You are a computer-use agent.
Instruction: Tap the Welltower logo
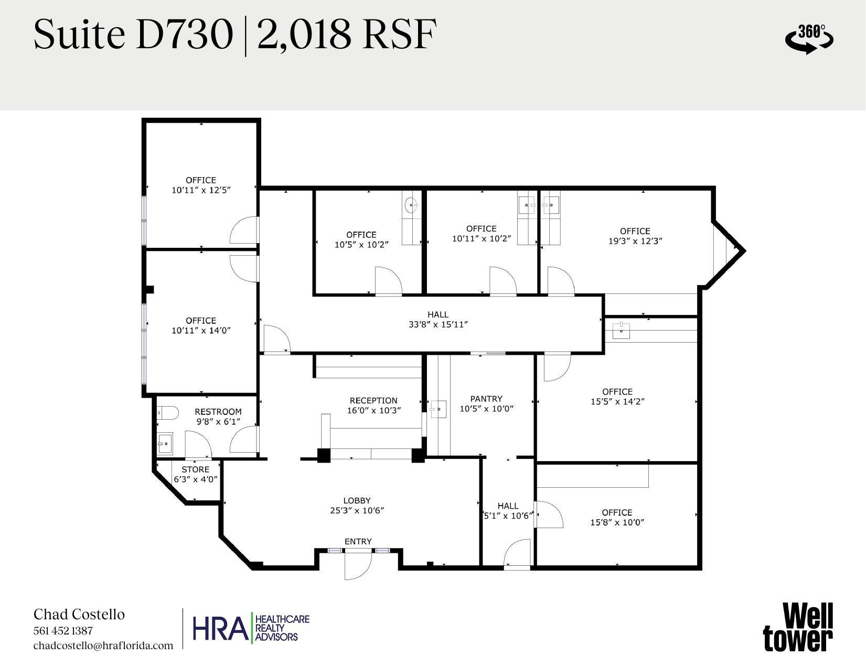pos(797,627)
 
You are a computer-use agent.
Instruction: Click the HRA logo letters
pos(220,629)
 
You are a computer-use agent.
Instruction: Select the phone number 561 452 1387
pos(63,631)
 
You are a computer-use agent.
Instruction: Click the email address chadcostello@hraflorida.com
pos(103,645)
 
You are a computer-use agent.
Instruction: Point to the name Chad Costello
pos(79,614)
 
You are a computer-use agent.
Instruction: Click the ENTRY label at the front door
pos(358,541)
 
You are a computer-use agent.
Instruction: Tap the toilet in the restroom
pos(167,413)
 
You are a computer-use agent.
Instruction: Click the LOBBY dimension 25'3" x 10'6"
pos(357,510)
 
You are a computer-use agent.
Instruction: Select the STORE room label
pos(195,469)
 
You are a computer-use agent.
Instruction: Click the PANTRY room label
pos(486,399)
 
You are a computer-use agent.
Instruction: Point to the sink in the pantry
pos(438,409)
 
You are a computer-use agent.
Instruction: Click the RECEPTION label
pos(373,400)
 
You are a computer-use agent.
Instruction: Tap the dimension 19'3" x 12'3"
pos(635,241)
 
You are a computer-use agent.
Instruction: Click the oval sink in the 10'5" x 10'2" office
pos(411,205)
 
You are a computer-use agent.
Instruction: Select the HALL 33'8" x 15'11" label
pos(438,319)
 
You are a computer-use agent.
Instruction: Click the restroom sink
pos(165,444)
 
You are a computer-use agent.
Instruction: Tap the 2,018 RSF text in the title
pos(347,35)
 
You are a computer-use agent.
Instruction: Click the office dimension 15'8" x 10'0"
pos(617,522)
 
